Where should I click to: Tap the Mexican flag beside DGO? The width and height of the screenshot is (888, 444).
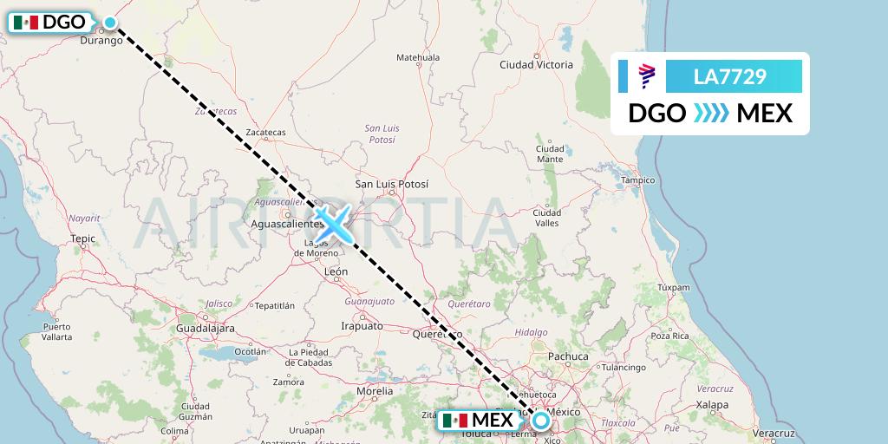click(27, 23)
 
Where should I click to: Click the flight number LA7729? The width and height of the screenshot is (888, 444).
click(729, 76)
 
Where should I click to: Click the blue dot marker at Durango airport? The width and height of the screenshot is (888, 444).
click(110, 22)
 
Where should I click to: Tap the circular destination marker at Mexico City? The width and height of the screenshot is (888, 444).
click(541, 421)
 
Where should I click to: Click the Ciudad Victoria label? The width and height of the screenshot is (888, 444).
click(536, 65)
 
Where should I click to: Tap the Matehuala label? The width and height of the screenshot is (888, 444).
click(418, 58)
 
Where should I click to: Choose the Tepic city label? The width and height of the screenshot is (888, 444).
click(83, 237)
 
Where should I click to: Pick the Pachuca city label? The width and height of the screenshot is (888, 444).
click(569, 356)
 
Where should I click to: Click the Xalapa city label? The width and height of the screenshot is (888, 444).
click(714, 404)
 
